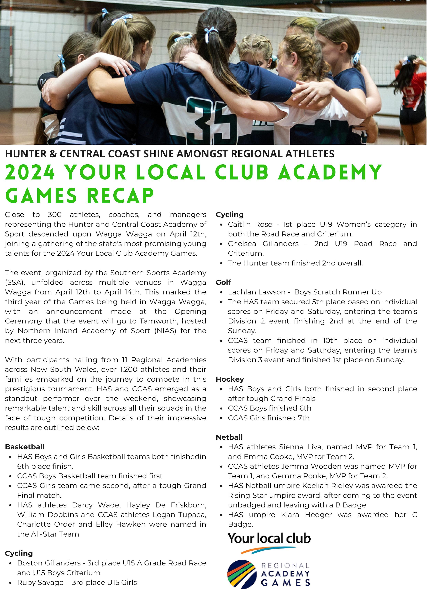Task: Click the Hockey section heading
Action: pos(230,379)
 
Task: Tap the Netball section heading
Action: pos(229,437)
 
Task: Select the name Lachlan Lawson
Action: pos(256,292)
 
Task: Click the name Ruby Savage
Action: pos(40,582)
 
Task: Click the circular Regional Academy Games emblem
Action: pos(241,574)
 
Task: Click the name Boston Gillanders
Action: pos(49,563)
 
